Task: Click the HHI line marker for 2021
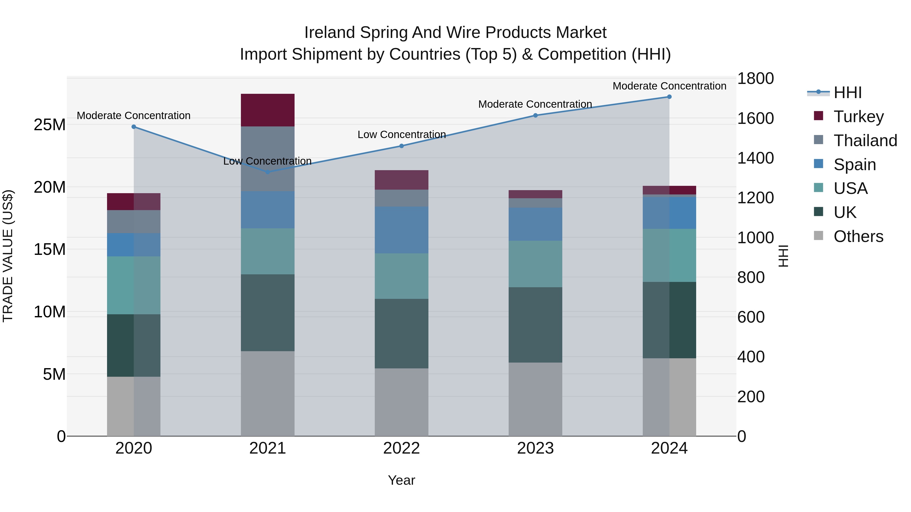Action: (x=267, y=172)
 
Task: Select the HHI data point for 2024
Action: (x=669, y=97)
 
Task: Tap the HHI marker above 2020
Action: (x=134, y=127)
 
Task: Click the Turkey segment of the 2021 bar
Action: (x=267, y=110)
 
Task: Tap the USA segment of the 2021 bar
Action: (x=267, y=251)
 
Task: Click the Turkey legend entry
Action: (x=858, y=117)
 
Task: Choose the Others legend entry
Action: (x=858, y=236)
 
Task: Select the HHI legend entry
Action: (x=847, y=93)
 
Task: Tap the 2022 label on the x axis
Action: (x=401, y=448)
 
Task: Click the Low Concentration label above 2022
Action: (x=401, y=135)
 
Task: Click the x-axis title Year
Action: (x=401, y=480)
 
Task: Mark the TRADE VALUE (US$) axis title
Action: (x=8, y=256)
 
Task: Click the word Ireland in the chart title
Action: (x=329, y=33)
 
